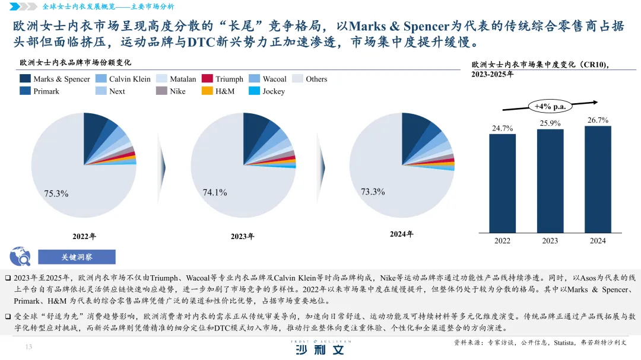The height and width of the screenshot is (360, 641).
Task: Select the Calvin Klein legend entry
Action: click(x=123, y=79)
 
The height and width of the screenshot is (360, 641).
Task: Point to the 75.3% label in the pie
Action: click(x=56, y=193)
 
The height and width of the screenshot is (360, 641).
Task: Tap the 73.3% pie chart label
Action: click(x=373, y=192)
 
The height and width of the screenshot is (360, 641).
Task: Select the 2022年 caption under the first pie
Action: click(x=84, y=236)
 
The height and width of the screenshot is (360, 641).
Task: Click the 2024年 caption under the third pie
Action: click(x=401, y=234)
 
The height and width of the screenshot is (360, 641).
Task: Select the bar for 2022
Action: click(x=502, y=183)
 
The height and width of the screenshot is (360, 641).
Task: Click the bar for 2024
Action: click(x=598, y=179)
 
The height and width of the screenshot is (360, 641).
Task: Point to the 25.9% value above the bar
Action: click(x=550, y=123)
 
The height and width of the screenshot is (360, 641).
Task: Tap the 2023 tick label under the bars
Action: click(x=550, y=241)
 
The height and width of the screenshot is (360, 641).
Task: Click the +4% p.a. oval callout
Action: click(x=550, y=106)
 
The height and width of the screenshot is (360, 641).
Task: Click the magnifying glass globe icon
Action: click(x=20, y=256)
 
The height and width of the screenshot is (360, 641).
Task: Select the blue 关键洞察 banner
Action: click(x=77, y=257)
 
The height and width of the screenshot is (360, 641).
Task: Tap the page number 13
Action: click(x=28, y=347)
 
